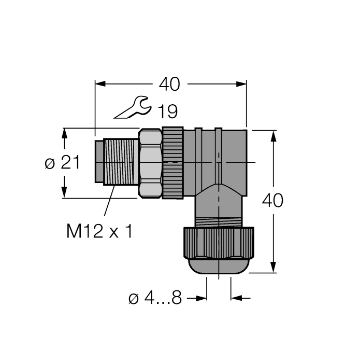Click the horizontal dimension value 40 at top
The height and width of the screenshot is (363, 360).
[x=169, y=84]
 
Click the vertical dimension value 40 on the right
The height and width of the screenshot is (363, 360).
[x=273, y=200]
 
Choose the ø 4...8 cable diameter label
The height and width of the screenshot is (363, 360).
[x=155, y=299]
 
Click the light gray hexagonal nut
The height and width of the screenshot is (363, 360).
[x=151, y=163]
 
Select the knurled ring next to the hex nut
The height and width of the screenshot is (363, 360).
[x=173, y=163]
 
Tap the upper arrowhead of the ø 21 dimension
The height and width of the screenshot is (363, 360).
[x=65, y=133]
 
